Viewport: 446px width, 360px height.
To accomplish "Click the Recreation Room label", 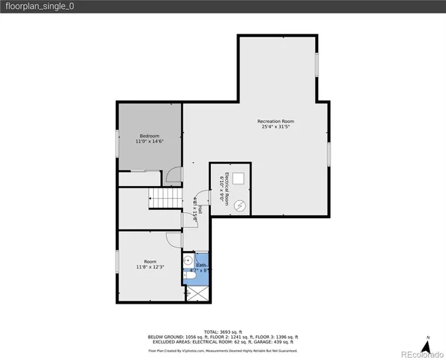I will (x=276, y=121).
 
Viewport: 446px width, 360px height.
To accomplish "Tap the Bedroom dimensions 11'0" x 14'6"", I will (x=149, y=141).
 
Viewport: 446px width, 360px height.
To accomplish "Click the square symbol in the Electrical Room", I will (x=238, y=178).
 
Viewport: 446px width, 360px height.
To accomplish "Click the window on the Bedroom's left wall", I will (x=118, y=143).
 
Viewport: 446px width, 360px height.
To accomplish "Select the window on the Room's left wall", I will (x=118, y=262).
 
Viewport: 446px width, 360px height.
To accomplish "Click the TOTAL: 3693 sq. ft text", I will (x=223, y=331).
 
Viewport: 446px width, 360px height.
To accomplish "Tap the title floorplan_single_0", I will (x=36, y=7).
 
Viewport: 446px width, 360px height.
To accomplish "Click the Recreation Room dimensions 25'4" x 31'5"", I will (x=276, y=127).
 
